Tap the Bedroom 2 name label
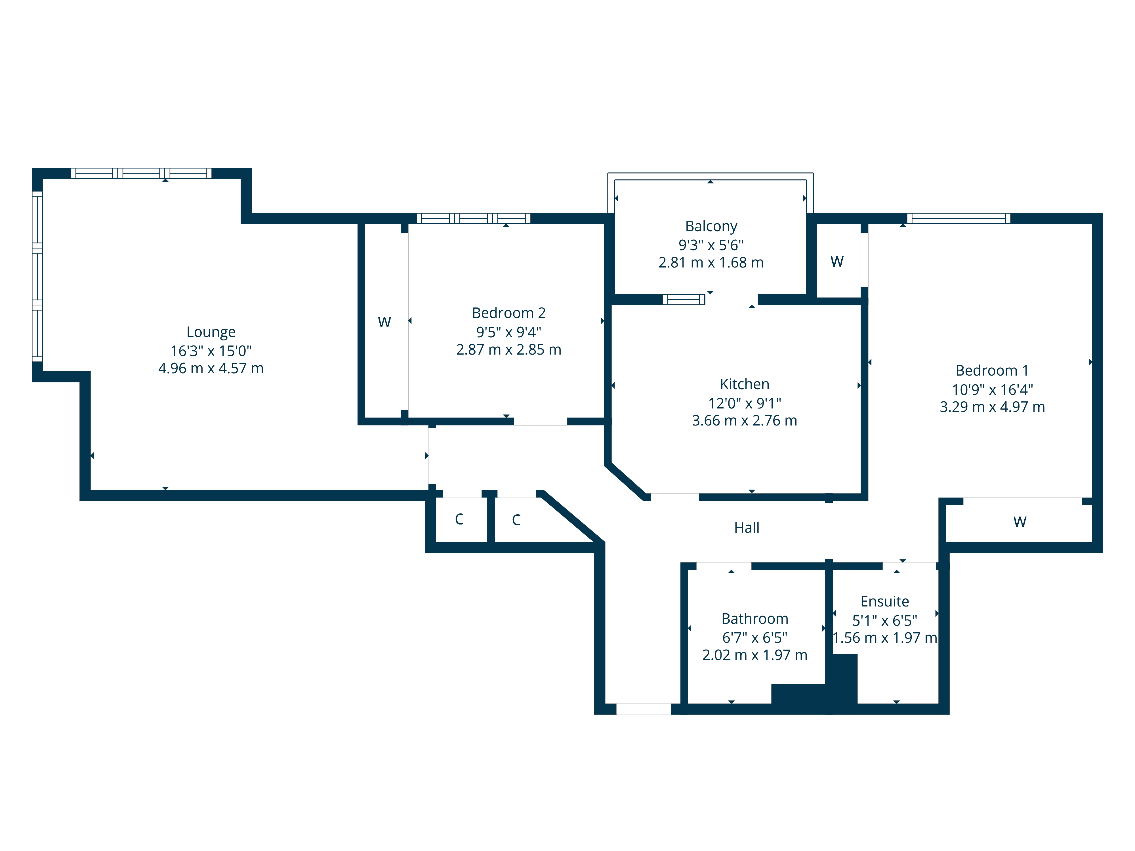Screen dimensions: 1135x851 coord(508,313)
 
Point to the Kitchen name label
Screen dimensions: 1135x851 coord(745,384)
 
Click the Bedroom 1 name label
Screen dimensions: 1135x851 coord(992,370)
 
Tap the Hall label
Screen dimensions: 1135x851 coord(747,528)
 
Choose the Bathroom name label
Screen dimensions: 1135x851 coord(755,619)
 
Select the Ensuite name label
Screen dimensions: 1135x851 coord(885,601)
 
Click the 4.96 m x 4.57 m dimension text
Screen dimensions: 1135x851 coord(211,368)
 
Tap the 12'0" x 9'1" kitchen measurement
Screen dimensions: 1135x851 coord(745,403)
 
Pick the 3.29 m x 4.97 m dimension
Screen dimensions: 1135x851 coord(992,407)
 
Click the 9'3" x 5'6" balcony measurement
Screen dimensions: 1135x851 coord(711,245)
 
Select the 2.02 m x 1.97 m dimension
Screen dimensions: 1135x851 coord(755,655)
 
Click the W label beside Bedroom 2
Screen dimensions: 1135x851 coord(384,322)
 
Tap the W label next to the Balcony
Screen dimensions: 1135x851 coord(837,262)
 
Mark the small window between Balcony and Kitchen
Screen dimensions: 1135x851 coord(684,300)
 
